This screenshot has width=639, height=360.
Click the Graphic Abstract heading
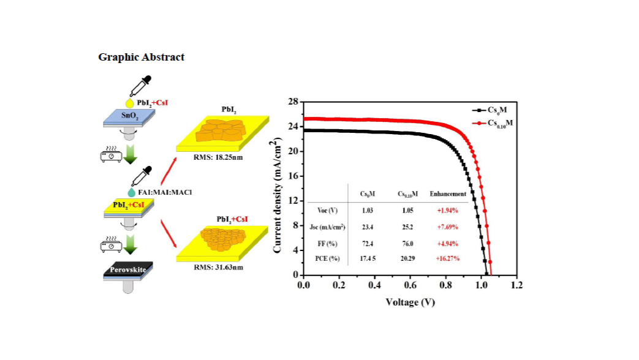142,57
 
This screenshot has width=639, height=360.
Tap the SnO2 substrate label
128,118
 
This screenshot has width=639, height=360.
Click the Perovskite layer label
128,269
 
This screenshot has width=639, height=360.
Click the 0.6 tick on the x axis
410,285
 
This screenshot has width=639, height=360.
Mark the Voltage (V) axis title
410,302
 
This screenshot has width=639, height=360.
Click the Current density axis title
278,189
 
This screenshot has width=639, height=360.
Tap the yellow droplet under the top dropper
129,103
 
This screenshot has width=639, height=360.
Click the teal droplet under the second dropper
132,193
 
